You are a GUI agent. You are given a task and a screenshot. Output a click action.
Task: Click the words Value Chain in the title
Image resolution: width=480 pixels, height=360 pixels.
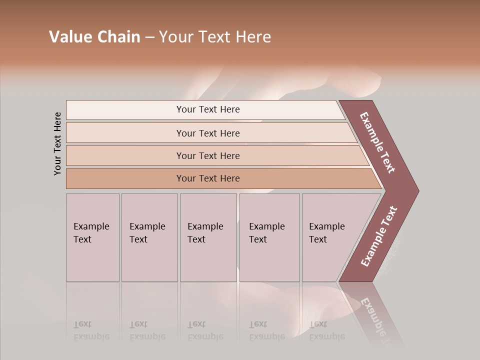(x=94, y=37)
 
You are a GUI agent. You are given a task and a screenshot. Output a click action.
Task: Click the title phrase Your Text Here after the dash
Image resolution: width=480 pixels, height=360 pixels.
(x=215, y=37)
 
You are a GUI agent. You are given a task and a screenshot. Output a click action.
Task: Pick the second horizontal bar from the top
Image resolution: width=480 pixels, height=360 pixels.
(x=208, y=133)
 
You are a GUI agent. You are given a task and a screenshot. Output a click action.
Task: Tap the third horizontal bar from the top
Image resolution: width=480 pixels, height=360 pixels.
(x=208, y=155)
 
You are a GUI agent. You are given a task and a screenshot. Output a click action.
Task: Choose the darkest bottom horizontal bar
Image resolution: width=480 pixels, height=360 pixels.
(x=208, y=178)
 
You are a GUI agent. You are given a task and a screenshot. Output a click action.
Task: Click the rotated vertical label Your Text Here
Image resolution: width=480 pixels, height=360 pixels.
(x=57, y=144)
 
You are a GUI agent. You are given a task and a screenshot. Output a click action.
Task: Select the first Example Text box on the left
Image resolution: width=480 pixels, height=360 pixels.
(x=92, y=237)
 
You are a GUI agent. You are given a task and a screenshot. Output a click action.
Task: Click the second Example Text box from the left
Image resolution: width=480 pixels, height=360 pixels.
(x=149, y=237)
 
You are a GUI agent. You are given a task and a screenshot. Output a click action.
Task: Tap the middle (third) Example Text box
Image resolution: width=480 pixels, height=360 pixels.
(x=208, y=237)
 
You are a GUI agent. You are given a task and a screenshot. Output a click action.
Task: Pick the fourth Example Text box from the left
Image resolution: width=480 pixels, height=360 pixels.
(x=269, y=237)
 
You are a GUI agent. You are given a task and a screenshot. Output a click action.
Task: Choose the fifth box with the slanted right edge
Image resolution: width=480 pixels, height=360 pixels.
(x=332, y=237)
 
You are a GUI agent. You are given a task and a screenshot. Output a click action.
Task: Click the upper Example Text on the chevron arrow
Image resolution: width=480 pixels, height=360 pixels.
(x=377, y=143)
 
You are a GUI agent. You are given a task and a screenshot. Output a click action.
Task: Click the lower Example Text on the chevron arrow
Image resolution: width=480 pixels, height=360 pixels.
(x=378, y=236)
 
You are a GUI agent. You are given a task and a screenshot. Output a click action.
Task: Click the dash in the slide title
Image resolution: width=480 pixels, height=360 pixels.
(x=149, y=37)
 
